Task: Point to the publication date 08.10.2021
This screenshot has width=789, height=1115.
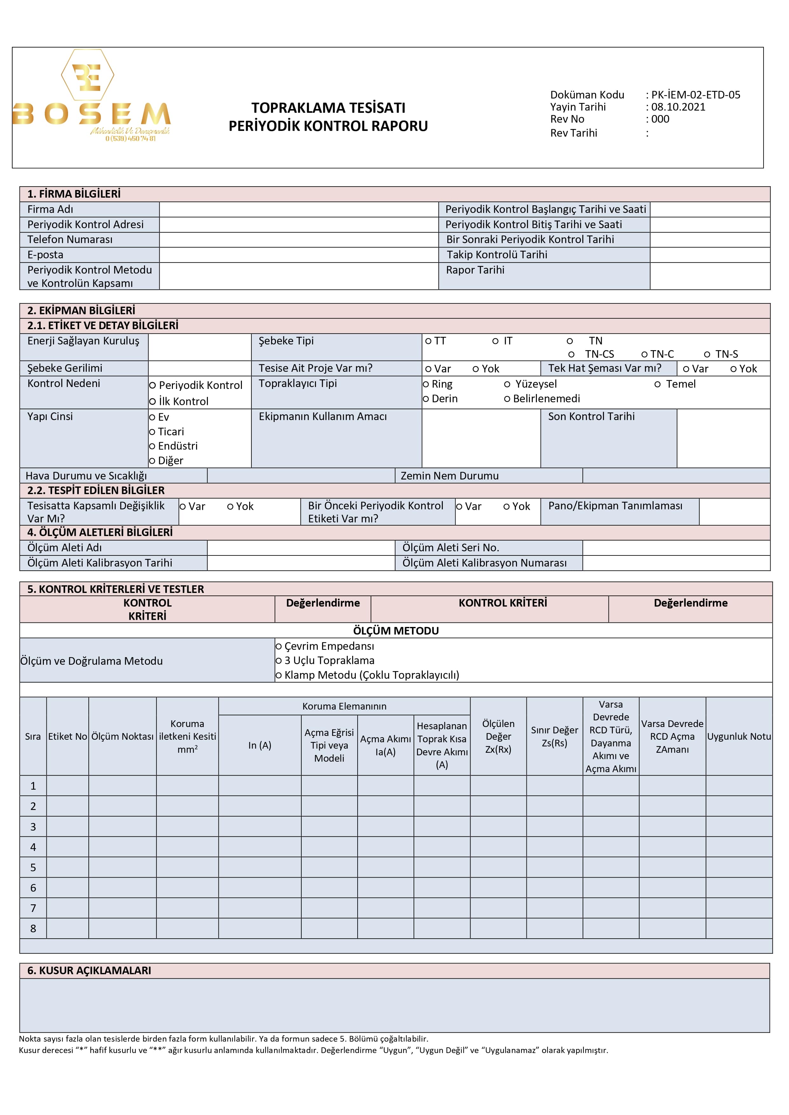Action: point(678,107)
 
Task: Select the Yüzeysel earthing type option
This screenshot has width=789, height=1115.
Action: point(507,384)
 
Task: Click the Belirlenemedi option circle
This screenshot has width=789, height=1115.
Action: point(507,399)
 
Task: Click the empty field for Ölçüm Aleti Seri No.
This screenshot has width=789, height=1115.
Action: point(676,548)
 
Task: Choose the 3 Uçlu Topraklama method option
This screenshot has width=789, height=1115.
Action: point(279,661)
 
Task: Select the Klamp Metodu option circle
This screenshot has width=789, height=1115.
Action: point(279,675)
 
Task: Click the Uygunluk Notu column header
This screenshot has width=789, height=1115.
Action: point(738,736)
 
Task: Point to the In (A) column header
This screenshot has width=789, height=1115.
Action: point(259,745)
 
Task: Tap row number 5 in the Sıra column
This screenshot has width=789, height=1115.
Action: point(33,867)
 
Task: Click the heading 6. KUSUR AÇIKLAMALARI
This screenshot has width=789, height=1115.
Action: point(89,970)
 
